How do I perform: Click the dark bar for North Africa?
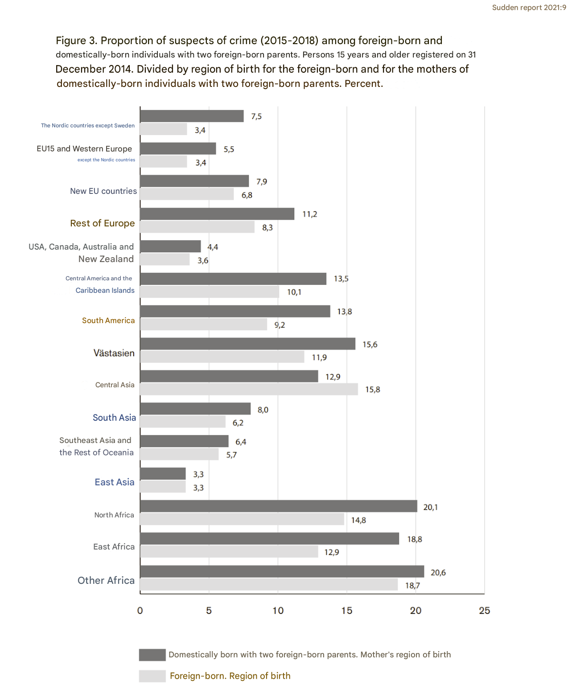coord(279,506)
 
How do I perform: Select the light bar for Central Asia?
coord(249,389)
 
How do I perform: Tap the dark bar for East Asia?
coord(163,474)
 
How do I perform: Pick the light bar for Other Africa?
coord(269,585)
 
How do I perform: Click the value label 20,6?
coord(438,573)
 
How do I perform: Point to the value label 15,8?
coord(372,390)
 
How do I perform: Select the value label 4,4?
coord(213,247)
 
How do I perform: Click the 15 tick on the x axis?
coord(347,611)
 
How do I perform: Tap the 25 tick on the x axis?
coord(484,611)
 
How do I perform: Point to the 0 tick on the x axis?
coord(140,611)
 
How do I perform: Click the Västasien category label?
coord(114,353)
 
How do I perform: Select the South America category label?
coord(108,320)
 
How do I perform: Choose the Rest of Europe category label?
coord(103,223)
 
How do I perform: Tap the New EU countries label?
coord(103,191)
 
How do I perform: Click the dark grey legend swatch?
coord(152,655)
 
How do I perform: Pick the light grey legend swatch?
coord(152,676)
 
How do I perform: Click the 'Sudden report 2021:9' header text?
coord(529,8)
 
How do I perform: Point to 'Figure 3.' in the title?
coord(76,41)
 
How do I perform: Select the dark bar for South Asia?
coord(195,409)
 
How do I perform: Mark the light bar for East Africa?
coord(229,552)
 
